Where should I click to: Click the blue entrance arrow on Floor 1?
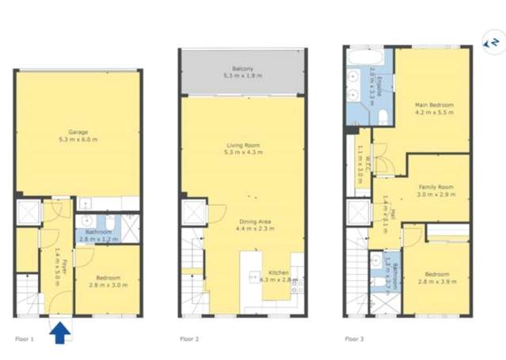point(59,333)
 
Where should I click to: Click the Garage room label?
point(78,132)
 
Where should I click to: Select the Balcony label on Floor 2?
point(242,69)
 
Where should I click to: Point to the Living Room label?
point(243,146)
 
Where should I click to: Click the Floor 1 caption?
point(25,339)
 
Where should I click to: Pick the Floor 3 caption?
point(353,339)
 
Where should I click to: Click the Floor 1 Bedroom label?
point(108,277)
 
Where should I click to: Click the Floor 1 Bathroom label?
point(97,233)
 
